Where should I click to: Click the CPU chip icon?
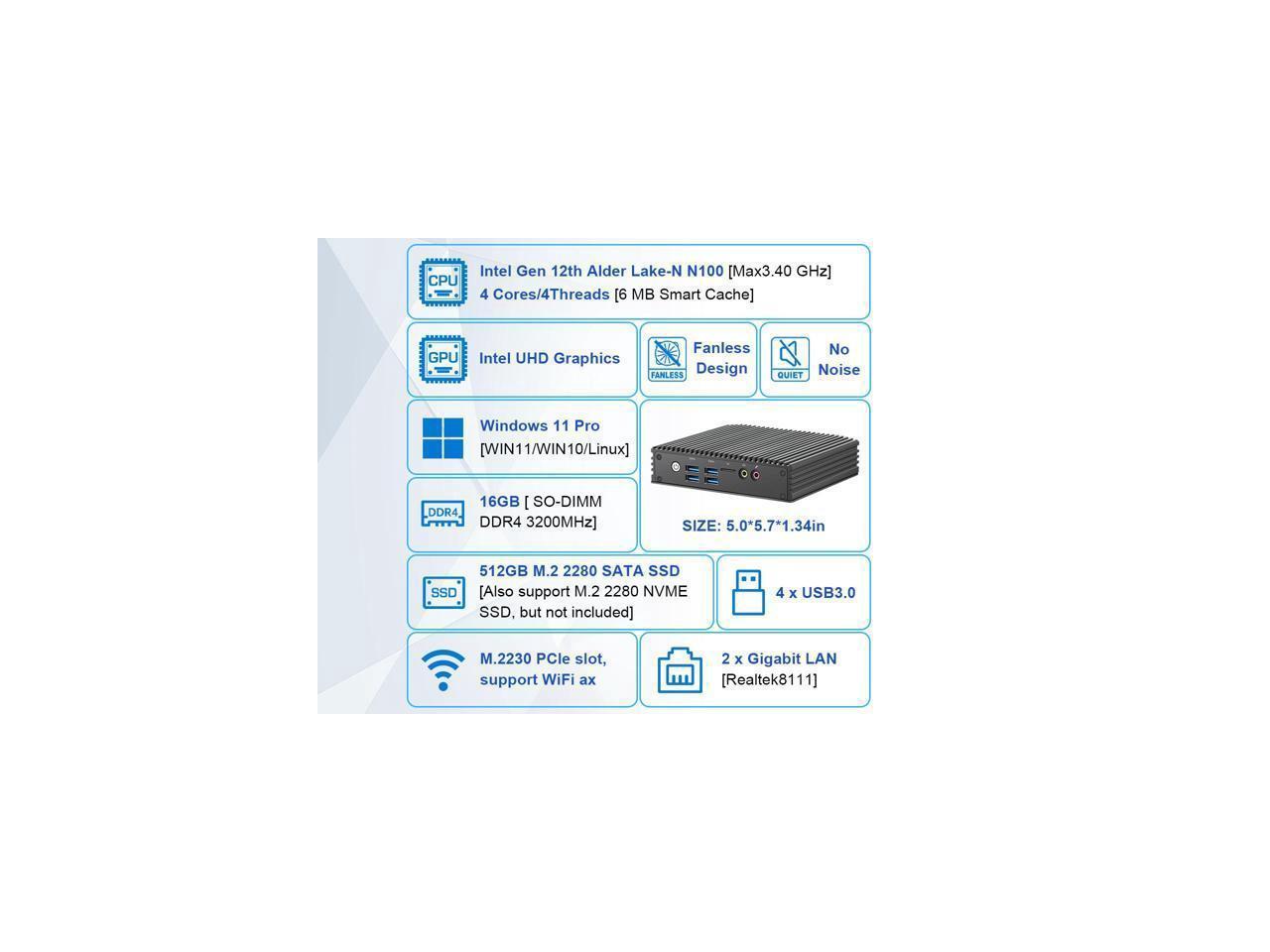point(443,282)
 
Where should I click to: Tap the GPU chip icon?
point(443,359)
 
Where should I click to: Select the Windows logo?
point(443,437)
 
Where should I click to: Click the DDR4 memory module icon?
point(443,513)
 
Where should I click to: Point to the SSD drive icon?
point(443,592)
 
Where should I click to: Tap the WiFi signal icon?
point(443,669)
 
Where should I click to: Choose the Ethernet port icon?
point(680,670)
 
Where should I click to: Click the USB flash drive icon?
point(748,592)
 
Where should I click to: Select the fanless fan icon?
point(667,358)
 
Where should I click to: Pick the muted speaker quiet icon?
point(790,358)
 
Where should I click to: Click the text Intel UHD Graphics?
point(550,359)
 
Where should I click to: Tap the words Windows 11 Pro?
point(540,425)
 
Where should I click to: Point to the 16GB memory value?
point(499,502)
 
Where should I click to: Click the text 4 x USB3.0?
point(816,593)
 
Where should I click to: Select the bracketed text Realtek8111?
point(769,679)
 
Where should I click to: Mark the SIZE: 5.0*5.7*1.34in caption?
point(753,526)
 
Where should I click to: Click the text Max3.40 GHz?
point(780,271)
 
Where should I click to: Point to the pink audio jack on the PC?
point(755,474)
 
